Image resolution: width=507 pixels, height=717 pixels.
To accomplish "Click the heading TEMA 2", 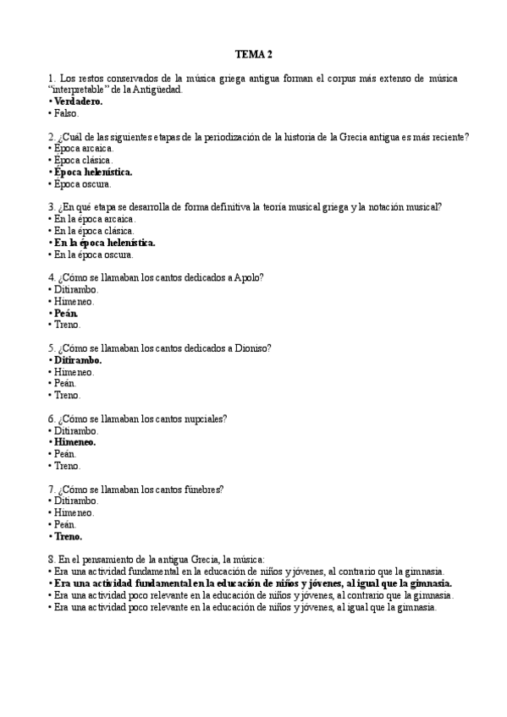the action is point(253,55).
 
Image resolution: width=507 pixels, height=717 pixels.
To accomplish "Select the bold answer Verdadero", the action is point(77,101).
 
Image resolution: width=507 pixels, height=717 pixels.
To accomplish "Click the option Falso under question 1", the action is point(66,113).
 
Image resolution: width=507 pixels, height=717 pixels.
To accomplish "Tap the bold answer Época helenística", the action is point(93,172).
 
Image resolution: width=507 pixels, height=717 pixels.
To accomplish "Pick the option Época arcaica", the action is point(83,148).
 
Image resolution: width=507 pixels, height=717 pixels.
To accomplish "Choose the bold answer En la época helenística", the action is point(104,243).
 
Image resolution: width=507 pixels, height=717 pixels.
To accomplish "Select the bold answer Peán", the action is point(66,313).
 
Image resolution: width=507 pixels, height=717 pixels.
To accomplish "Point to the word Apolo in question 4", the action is point(250,277).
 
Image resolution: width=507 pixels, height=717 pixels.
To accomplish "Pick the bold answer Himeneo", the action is point(74,441).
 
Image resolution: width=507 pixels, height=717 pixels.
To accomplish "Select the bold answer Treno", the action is point(68,536).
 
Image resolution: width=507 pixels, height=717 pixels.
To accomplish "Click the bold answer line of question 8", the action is point(252,583).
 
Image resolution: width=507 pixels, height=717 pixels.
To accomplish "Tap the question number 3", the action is point(52,207).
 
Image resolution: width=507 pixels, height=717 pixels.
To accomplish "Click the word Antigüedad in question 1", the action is point(158,90).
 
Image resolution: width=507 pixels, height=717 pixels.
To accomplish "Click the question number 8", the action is point(52,560).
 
